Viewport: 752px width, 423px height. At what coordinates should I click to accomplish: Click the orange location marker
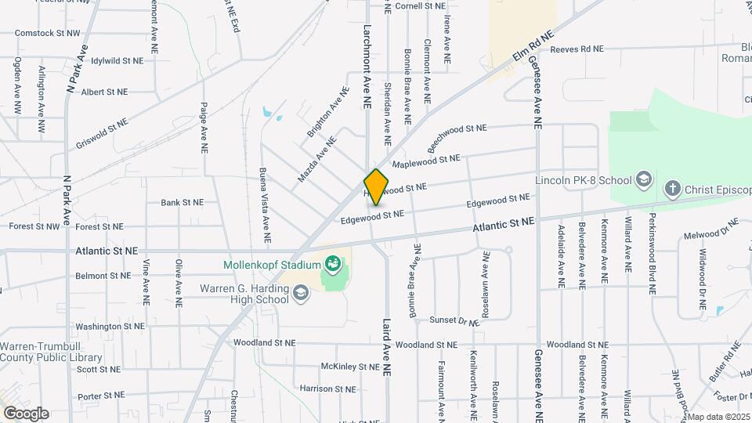[377, 186]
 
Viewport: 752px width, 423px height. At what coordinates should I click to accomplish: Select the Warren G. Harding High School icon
[302, 293]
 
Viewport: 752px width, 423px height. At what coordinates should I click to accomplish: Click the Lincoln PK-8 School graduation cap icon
[644, 179]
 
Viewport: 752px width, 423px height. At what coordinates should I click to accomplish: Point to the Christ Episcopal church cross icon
[672, 188]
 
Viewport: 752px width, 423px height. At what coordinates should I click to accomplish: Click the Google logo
[26, 413]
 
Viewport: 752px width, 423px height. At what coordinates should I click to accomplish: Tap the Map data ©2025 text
[718, 417]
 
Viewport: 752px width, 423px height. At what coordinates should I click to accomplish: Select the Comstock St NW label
[47, 34]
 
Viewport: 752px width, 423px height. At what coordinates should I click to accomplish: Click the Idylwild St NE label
[117, 60]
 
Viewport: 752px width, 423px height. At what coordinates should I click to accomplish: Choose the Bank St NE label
[182, 202]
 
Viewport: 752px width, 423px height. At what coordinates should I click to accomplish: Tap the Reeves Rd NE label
[577, 49]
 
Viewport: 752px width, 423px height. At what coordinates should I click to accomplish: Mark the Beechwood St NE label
[457, 139]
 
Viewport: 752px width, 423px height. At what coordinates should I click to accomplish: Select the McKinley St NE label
[350, 367]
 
